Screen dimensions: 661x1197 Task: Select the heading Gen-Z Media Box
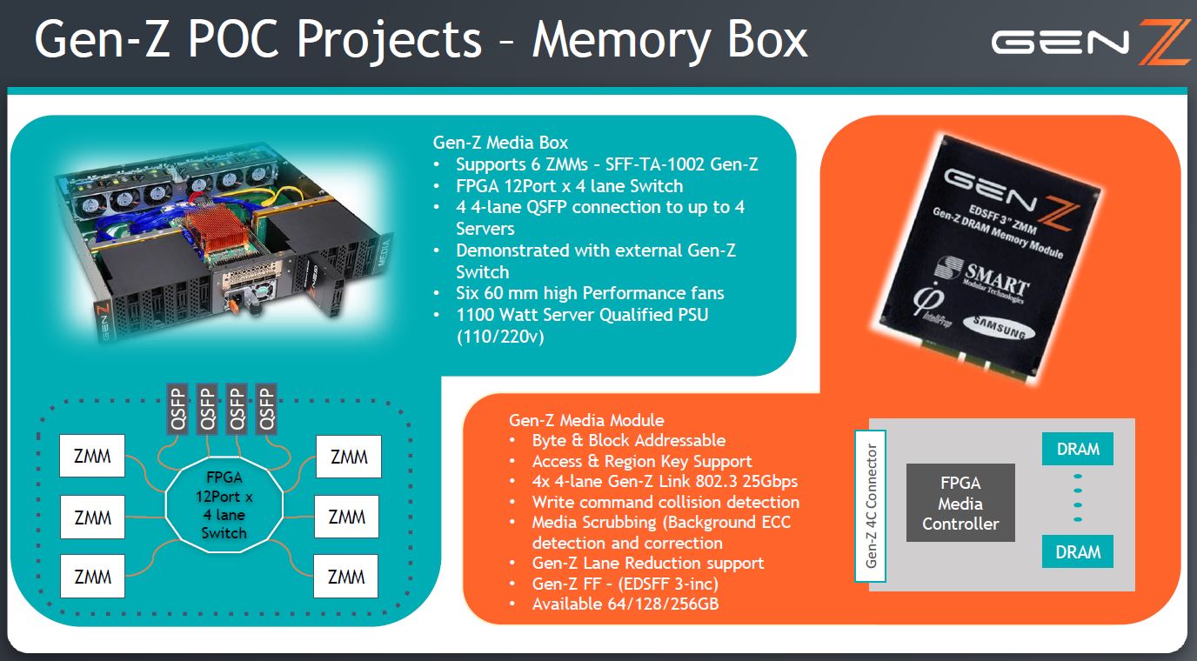(500, 143)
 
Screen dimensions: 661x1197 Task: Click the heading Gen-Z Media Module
(586, 420)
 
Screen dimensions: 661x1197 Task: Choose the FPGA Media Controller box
(960, 503)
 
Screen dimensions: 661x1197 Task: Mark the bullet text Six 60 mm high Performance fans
(590, 293)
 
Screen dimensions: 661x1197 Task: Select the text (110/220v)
(499, 336)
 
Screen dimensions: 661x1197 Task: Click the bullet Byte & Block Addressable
(629, 441)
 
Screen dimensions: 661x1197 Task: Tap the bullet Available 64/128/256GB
(625, 604)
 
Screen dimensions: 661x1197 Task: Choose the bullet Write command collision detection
(665, 502)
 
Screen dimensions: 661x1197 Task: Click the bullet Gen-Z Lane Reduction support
(648, 564)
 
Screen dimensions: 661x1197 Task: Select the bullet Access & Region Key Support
(642, 462)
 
